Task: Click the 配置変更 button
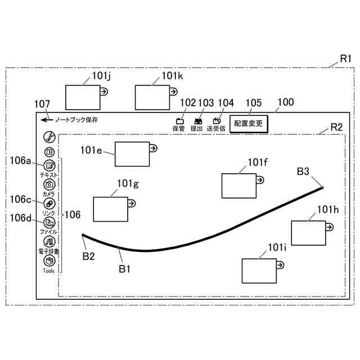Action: pyautogui.click(x=249, y=123)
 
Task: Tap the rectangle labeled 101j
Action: pyautogui.click(x=83, y=97)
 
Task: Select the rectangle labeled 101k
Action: pyautogui.click(x=152, y=97)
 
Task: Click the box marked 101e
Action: pyautogui.click(x=132, y=154)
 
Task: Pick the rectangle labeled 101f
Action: pyautogui.click(x=238, y=186)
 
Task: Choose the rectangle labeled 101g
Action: pyautogui.click(x=110, y=209)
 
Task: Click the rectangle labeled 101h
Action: pyautogui.click(x=308, y=233)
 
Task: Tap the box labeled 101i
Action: pyautogui.click(x=259, y=271)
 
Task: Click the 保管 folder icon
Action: pyautogui.click(x=180, y=120)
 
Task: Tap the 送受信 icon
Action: pyautogui.click(x=217, y=120)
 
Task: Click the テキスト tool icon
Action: pyautogui.click(x=49, y=165)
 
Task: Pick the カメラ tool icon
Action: pyautogui.click(x=49, y=184)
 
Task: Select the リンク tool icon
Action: pyautogui.click(x=49, y=204)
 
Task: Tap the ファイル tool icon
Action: pyautogui.click(x=49, y=223)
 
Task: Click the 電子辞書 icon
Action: pyautogui.click(x=49, y=242)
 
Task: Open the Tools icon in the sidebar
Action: pyautogui.click(x=49, y=261)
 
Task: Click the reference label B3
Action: pyautogui.click(x=303, y=172)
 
